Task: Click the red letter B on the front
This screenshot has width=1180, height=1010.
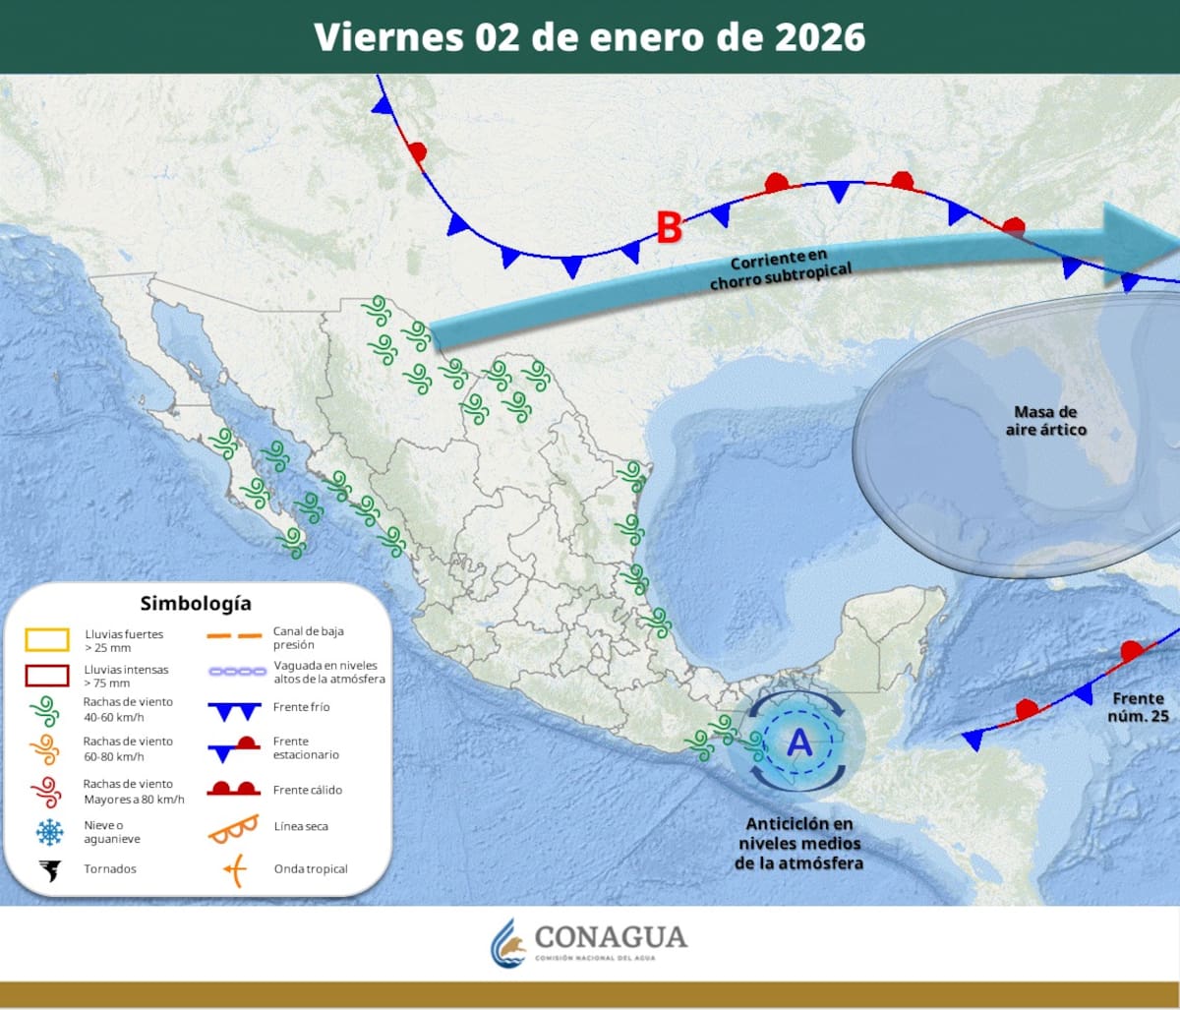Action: click(669, 228)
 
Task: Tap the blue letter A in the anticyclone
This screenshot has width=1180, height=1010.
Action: click(799, 743)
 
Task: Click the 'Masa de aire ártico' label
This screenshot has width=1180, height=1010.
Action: click(1046, 421)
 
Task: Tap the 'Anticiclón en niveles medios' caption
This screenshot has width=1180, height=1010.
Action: click(799, 843)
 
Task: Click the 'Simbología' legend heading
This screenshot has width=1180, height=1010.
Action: click(195, 603)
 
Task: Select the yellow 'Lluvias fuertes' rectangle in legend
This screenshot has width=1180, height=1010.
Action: click(47, 640)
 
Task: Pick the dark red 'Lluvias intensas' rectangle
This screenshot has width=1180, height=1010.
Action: click(47, 676)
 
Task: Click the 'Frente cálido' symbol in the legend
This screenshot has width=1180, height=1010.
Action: click(233, 789)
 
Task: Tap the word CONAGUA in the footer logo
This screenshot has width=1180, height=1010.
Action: click(610, 936)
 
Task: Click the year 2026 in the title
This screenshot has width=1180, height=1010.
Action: click(818, 36)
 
